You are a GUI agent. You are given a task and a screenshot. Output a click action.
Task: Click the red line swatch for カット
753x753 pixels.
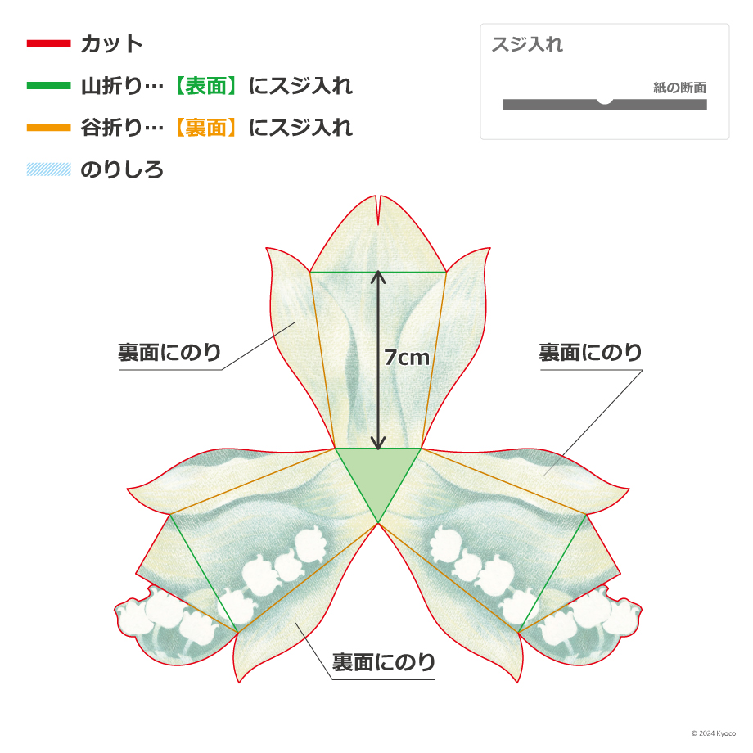[48, 43]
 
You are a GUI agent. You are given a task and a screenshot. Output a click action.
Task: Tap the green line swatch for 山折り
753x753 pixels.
[48, 86]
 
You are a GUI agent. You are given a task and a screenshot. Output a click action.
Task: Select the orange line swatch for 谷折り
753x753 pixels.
[48, 128]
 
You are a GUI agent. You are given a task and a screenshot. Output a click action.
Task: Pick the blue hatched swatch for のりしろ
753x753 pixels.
[48, 169]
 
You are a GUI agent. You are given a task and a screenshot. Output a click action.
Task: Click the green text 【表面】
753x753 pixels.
[206, 86]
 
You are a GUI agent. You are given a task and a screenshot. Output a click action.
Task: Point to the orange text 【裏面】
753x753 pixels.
[206, 128]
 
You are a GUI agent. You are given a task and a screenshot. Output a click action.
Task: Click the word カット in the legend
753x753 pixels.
[112, 43]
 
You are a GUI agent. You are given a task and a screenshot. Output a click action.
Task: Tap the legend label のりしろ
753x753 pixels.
[122, 169]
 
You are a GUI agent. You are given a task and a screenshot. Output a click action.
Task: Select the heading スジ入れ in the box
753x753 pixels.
[527, 44]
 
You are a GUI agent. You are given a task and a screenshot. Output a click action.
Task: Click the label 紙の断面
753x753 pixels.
[679, 88]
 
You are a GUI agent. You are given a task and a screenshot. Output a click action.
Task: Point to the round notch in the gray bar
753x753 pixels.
[605, 101]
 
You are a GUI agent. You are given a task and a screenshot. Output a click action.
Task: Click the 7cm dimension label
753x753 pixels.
[407, 358]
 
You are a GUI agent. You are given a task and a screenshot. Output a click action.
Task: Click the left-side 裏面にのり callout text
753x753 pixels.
[169, 353]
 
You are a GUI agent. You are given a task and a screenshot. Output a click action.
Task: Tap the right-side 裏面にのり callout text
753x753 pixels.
[590, 353]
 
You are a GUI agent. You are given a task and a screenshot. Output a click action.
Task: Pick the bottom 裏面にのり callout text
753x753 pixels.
[383, 662]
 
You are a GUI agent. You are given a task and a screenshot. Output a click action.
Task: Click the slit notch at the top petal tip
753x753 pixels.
[378, 210]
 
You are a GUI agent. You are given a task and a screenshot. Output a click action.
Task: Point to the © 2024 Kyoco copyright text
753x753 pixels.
[714, 733]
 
